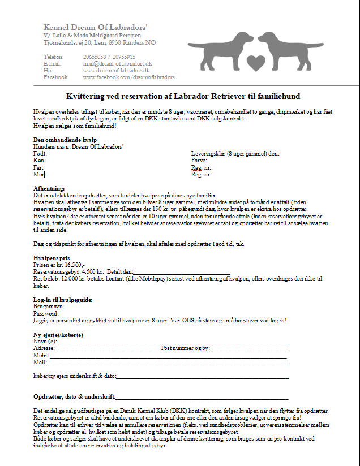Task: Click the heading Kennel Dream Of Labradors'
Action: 96,27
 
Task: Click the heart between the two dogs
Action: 256,61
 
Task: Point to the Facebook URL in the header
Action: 128,77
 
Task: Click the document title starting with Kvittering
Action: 183,97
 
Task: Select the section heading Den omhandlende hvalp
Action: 65,140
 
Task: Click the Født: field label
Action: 40,153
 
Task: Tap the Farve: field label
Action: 200,161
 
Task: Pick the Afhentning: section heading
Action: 49,188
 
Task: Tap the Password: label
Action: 46,313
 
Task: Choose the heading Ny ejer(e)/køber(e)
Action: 58,335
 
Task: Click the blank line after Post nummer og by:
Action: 249,349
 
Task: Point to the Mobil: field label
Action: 41,356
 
